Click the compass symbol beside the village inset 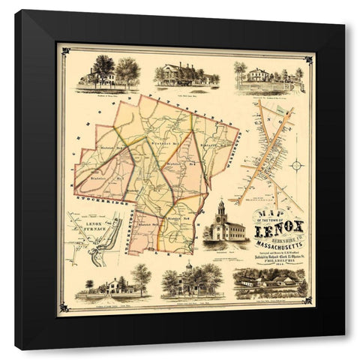[x=297, y=165]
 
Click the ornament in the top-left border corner [x=66, y=51]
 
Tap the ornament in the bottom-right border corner [x=307, y=307]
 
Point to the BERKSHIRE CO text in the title [x=294, y=223]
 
